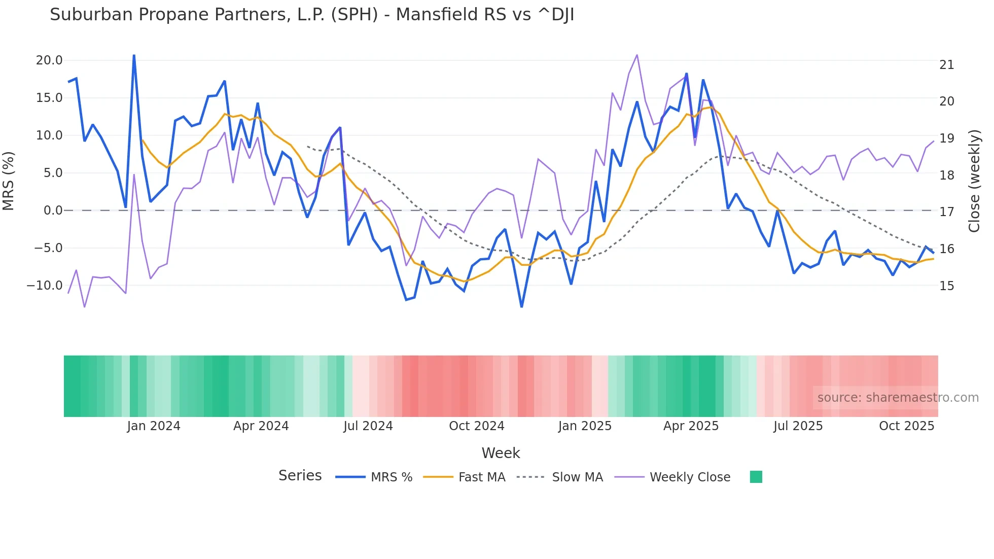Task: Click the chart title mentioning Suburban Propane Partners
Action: pos(311,15)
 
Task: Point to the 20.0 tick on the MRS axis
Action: pos(49,60)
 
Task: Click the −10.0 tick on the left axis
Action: pos(45,286)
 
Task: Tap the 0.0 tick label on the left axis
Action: pos(53,211)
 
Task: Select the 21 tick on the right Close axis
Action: pos(946,65)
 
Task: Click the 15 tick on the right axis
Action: pos(946,286)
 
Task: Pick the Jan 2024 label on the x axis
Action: pos(153,426)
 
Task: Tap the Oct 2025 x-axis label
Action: pos(906,426)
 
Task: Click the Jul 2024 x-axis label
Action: pos(368,426)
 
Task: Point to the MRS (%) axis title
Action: pos(9,181)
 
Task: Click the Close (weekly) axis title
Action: pos(974,181)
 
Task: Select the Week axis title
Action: pos(501,453)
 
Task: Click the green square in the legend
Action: pos(756,477)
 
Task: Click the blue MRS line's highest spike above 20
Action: pos(134,55)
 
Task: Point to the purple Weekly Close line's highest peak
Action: pos(637,55)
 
